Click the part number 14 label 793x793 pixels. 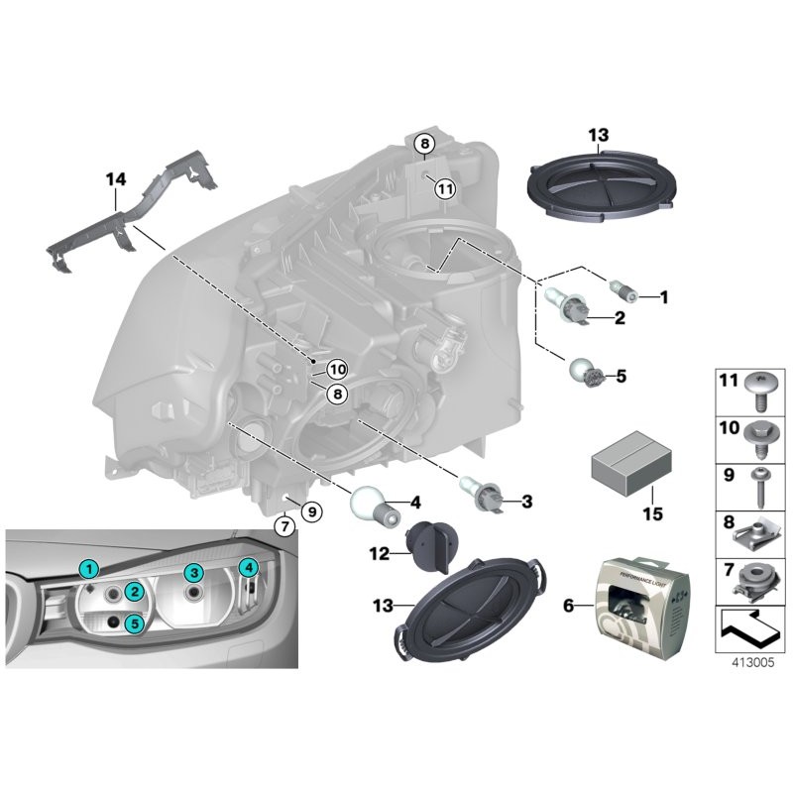click(x=116, y=179)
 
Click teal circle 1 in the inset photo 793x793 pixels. click(x=89, y=568)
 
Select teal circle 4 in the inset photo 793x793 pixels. click(x=249, y=567)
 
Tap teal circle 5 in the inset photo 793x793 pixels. click(x=134, y=623)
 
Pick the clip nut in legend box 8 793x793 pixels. click(x=758, y=535)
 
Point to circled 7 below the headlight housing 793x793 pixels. click(x=284, y=526)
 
